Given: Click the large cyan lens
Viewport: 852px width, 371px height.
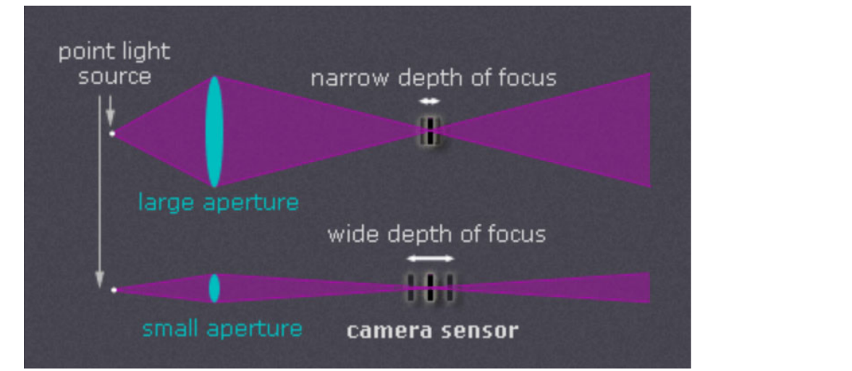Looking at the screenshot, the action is (x=214, y=132).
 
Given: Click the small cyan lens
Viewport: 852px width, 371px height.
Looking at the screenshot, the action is (x=214, y=288).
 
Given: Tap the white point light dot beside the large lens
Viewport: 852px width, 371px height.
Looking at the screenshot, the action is (x=112, y=133).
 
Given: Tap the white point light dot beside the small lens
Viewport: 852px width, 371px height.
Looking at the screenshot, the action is (x=114, y=290).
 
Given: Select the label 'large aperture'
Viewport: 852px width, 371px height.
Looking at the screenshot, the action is (x=218, y=202).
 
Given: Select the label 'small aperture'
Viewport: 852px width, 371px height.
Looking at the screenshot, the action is (x=222, y=329).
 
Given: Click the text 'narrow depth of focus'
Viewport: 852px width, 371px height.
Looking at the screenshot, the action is (x=434, y=78).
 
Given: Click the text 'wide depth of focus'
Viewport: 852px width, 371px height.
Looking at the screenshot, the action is (x=436, y=234).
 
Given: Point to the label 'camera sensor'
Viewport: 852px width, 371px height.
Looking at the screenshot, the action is (x=432, y=331).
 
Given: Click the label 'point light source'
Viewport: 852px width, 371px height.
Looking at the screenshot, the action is (x=114, y=64).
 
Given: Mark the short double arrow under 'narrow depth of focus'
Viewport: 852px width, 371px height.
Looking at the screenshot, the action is (x=429, y=101).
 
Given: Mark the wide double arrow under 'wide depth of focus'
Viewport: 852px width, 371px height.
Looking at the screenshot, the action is (x=430, y=258).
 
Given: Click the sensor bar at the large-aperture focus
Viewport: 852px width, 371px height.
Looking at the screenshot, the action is (x=429, y=130).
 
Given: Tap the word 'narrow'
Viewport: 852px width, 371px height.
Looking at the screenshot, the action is (x=349, y=79).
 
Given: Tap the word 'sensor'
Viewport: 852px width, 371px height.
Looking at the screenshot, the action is (x=484, y=331).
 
